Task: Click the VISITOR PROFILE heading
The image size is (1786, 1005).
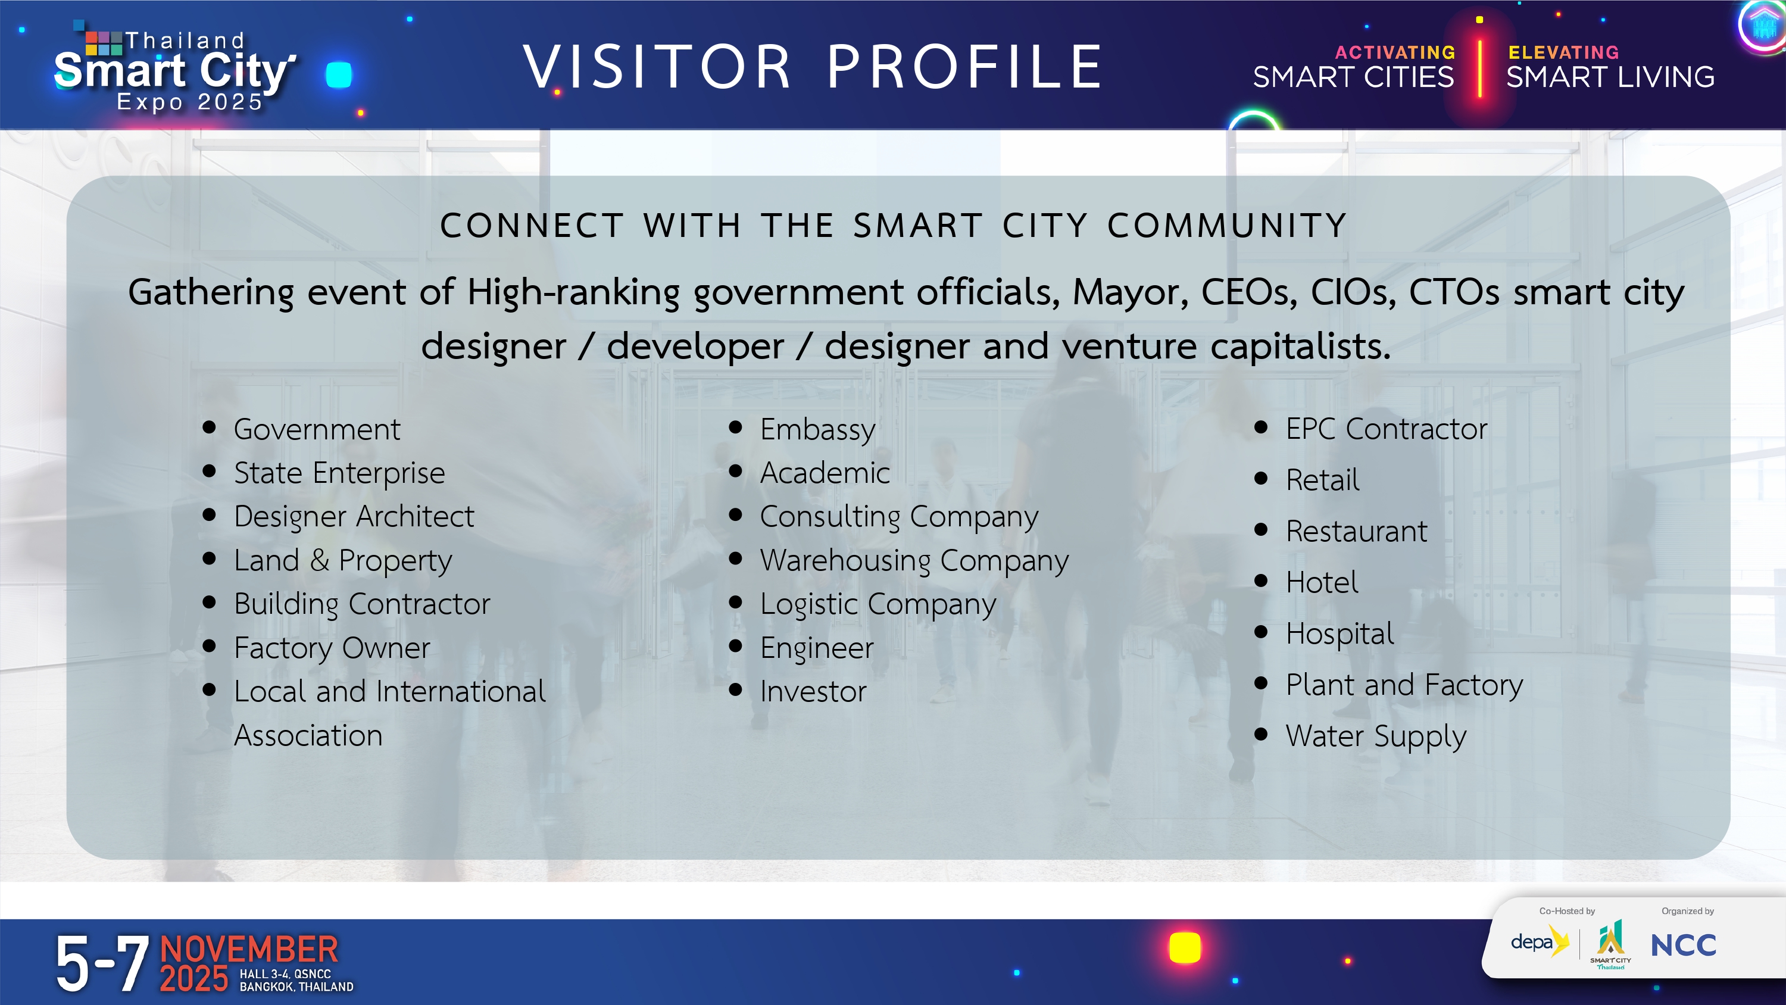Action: [813, 67]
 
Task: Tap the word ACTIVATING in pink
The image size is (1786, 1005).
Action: [1395, 53]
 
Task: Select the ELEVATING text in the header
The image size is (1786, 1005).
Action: [1563, 53]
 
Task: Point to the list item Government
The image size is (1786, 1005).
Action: [317, 429]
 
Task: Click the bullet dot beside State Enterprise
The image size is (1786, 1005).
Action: [210, 471]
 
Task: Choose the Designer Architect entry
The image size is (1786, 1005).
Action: [354, 516]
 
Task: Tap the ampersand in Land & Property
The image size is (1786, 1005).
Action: [320, 560]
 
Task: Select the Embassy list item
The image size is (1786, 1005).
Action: [817, 430]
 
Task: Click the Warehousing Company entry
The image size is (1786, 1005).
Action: [914, 560]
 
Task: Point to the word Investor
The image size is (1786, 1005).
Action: [813, 691]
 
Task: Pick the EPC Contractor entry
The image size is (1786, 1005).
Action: [1387, 429]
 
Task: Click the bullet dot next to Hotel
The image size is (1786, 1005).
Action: [1261, 580]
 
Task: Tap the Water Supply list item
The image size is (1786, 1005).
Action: [1376, 736]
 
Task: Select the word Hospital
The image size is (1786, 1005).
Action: [1339, 634]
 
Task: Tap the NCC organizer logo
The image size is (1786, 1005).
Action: [1684, 945]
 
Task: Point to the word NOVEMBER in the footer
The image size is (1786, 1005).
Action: [249, 950]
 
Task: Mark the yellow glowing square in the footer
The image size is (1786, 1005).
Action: [1184, 947]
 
